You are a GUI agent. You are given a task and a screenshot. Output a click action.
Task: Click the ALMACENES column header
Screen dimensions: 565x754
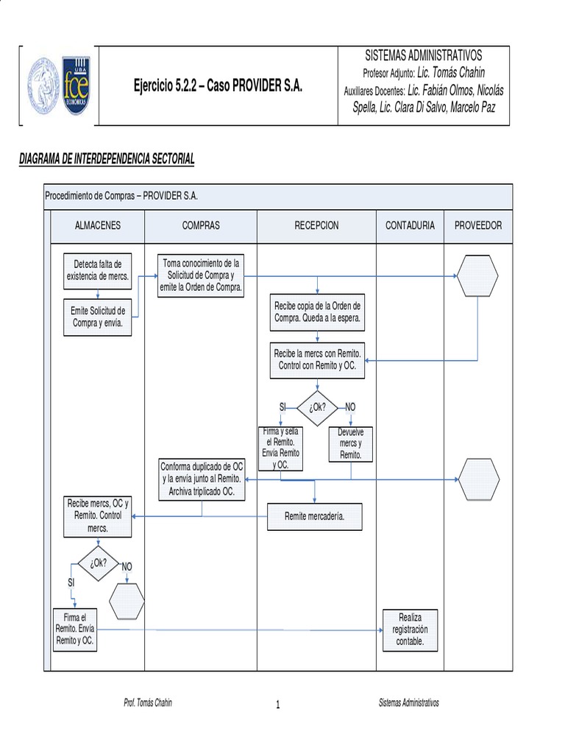tap(98, 225)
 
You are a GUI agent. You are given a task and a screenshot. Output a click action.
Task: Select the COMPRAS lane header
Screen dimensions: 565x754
tap(201, 225)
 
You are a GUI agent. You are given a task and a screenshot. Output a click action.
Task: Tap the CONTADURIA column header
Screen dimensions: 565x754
tap(410, 225)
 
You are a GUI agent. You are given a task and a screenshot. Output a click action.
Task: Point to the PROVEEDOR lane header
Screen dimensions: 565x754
tap(478, 225)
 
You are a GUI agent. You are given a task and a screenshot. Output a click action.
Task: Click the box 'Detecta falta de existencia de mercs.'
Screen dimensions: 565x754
tap(98, 271)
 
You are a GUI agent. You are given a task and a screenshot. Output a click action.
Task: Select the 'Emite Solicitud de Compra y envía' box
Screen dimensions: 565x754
tap(98, 317)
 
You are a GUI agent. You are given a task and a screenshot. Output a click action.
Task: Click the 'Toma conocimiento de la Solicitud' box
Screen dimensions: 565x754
tap(201, 275)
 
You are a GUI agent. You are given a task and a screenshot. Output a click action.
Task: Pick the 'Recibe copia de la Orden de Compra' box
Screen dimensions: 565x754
tap(317, 312)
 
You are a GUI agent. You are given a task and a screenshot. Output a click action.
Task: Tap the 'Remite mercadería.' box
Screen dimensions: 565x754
tap(315, 516)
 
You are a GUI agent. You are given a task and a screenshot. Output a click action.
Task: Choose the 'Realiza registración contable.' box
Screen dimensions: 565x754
tap(411, 630)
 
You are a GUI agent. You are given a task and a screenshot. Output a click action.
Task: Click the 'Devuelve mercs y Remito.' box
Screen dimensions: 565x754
tap(351, 444)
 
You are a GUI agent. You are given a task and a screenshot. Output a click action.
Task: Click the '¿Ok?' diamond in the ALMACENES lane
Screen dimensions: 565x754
tap(99, 563)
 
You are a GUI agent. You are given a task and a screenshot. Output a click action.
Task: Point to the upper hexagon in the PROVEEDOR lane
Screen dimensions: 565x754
tap(477, 276)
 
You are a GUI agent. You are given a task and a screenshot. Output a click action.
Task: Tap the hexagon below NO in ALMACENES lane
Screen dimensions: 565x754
tap(127, 601)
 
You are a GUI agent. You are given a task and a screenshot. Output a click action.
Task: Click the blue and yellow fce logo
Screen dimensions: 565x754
tap(76, 85)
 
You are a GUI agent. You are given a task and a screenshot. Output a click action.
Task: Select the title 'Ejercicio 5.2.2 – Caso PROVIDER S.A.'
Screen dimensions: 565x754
tap(218, 85)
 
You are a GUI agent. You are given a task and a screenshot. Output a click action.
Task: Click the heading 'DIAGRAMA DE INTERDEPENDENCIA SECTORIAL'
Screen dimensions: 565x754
tap(107, 159)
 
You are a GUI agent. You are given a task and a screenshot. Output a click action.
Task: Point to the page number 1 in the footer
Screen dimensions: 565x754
tap(277, 705)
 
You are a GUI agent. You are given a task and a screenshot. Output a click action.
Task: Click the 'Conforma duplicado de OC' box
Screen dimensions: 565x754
tap(202, 479)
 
